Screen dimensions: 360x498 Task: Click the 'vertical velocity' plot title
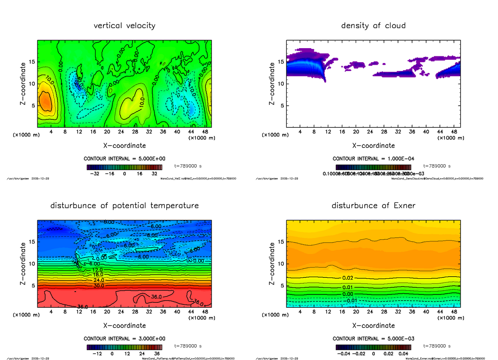coord(124,26)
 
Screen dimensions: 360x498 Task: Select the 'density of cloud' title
coord(373,26)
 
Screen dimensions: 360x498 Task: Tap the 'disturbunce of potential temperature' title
coord(124,206)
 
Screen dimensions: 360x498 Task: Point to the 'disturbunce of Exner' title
coord(373,206)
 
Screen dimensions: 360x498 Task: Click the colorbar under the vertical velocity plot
coord(124,167)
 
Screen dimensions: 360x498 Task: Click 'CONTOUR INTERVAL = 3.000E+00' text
coord(124,338)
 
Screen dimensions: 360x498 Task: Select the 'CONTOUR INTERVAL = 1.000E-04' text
coord(373,158)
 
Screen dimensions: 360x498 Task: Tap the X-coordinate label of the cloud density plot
coord(373,146)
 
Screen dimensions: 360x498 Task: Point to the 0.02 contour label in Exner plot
coord(348,277)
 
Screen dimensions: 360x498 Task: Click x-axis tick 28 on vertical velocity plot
coord(135,132)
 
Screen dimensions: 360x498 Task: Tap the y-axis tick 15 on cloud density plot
coord(281,62)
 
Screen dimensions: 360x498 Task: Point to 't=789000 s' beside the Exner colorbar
coord(437,346)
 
